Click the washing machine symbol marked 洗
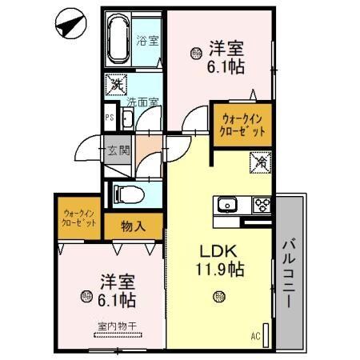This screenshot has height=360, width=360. point(117,82)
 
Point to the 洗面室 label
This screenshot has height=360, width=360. point(142,102)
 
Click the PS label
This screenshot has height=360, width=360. point(110,117)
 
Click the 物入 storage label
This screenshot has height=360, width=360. point(134,226)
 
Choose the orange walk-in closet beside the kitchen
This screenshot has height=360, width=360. point(241,126)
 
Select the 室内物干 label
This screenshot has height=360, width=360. point(116,326)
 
